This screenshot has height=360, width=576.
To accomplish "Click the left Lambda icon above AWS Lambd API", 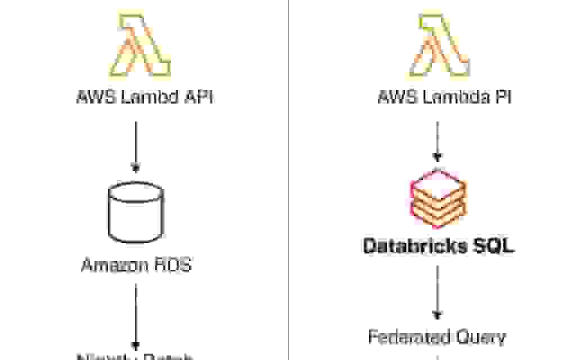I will (143, 45).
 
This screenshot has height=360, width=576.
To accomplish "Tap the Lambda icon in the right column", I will (444, 45).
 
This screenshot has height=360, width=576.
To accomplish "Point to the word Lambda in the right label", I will (450, 98).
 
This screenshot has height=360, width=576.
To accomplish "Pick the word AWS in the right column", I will (393, 98).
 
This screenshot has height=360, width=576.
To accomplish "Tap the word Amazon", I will (110, 264).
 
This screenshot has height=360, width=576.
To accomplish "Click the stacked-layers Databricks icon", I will (438, 193).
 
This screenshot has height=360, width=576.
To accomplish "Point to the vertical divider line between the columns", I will (289, 180).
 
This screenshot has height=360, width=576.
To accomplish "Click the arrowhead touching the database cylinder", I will (135, 167).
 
